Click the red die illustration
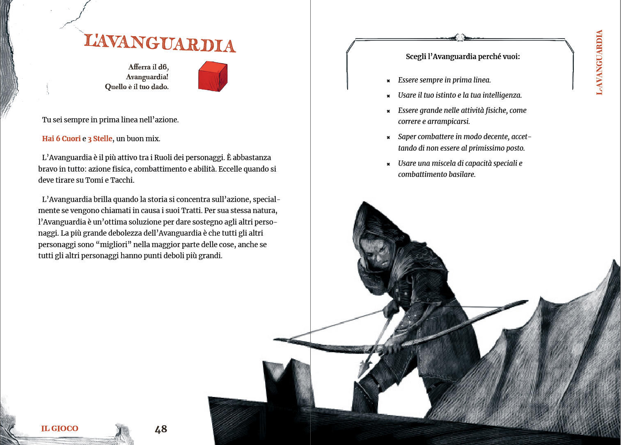[x=213, y=76]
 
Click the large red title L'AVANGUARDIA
[x=160, y=43]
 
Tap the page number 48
[x=161, y=429]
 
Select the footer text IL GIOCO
[x=60, y=429]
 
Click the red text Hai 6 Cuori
[x=61, y=139]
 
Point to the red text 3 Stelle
[x=100, y=139]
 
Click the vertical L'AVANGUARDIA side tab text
[x=599, y=62]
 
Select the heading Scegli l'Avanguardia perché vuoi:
[x=463, y=57]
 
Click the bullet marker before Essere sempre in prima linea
[x=388, y=81]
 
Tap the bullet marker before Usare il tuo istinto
[x=388, y=96]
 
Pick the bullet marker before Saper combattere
[x=388, y=138]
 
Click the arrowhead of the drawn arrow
[x=364, y=366]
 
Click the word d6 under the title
[x=163, y=67]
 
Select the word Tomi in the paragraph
[x=94, y=180]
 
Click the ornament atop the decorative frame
[x=460, y=37]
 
